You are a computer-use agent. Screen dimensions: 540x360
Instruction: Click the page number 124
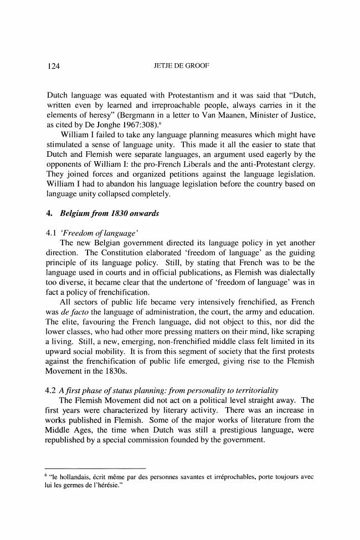tap(53, 67)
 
